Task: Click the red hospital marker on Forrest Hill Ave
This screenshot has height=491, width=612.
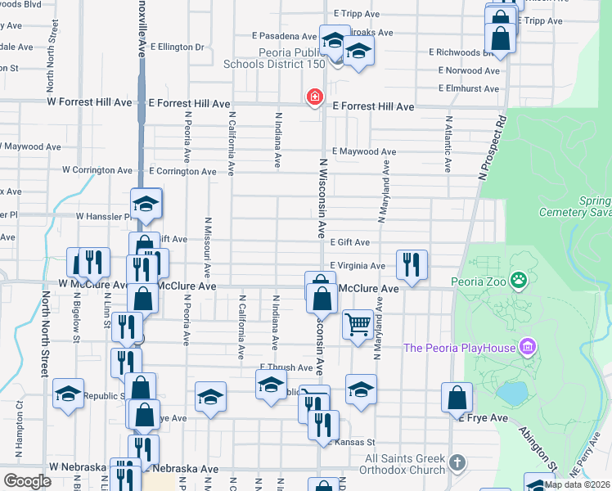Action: click(313, 98)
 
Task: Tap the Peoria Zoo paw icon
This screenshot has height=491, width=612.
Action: click(518, 282)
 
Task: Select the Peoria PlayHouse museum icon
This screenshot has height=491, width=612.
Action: click(528, 348)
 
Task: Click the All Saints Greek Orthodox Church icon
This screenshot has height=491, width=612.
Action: click(457, 463)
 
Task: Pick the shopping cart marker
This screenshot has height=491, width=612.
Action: click(358, 324)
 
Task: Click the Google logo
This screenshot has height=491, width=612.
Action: click(26, 481)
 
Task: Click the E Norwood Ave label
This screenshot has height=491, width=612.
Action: click(468, 70)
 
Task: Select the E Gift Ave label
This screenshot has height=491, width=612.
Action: click(349, 242)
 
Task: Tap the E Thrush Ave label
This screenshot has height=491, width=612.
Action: click(286, 367)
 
